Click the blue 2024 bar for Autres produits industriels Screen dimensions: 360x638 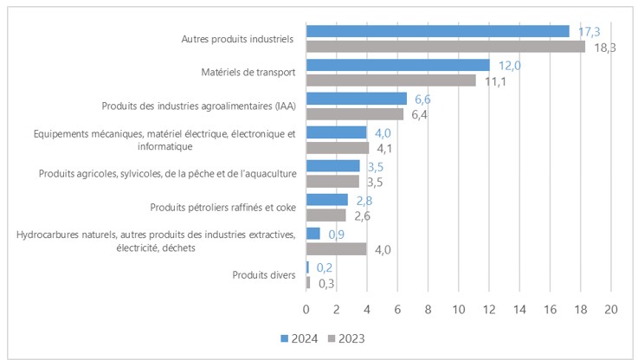click(437, 31)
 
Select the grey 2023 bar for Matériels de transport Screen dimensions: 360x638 click(391, 80)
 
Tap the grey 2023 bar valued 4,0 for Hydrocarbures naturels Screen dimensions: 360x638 click(337, 249)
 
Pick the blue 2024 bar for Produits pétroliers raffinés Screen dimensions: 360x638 click(327, 200)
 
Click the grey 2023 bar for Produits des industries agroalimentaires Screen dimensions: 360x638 click(355, 114)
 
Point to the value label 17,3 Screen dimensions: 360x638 click(589, 31)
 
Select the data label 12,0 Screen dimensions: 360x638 click(509, 65)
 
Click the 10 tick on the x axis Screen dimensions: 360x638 click(459, 309)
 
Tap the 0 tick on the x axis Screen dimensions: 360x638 click(306, 309)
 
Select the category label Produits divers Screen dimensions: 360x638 click(264, 275)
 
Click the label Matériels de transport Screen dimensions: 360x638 click(247, 73)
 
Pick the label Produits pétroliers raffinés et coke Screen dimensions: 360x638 click(223, 208)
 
